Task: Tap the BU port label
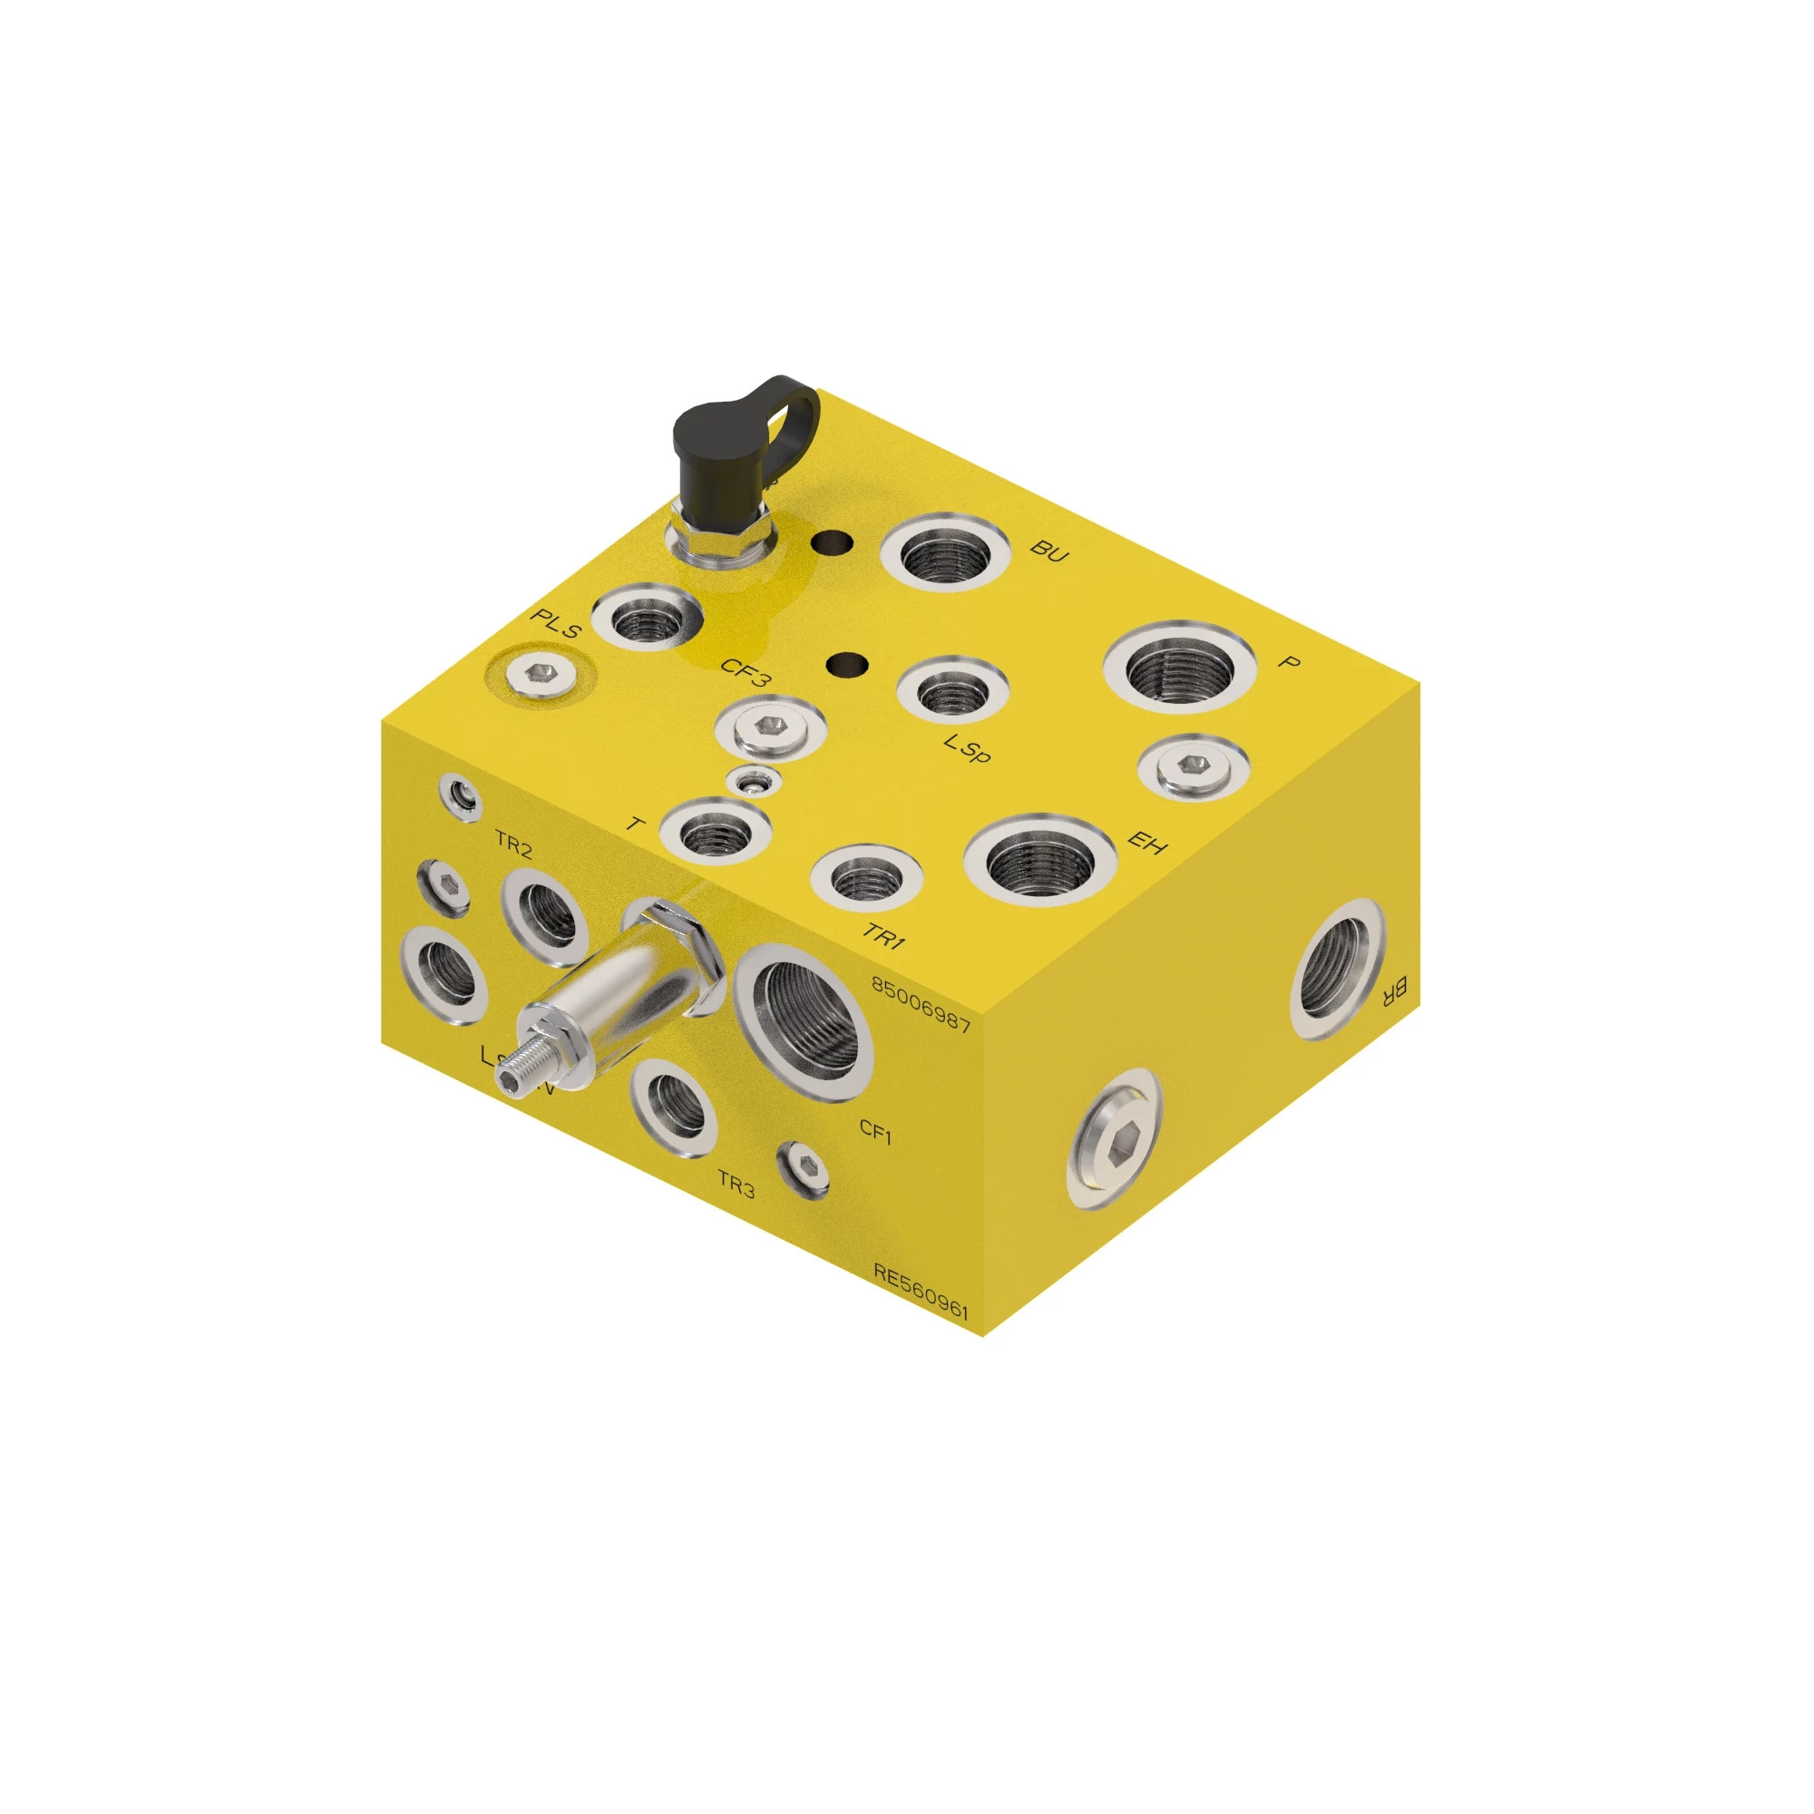click(1048, 552)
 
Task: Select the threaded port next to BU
click(944, 555)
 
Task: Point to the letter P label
click(1290, 663)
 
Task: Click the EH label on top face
click(1146, 843)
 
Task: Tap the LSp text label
click(967, 748)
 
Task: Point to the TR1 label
click(883, 935)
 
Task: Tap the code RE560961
click(920, 1292)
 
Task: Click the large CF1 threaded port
click(804, 1017)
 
